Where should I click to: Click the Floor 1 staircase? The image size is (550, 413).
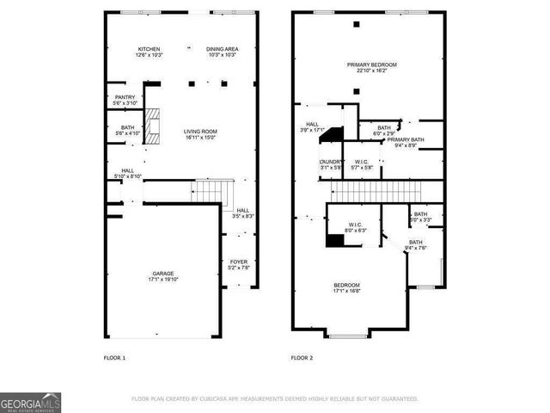211,190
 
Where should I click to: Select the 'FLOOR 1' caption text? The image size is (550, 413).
114,357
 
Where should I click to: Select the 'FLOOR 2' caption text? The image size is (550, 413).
302,357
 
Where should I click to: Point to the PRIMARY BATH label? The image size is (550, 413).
406,142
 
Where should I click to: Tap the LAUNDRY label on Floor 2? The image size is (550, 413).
331,164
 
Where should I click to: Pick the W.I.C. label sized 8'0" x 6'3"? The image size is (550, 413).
356,227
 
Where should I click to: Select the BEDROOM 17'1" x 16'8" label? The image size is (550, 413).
347,287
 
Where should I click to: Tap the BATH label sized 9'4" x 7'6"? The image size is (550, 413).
416,245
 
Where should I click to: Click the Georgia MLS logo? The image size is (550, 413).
30,402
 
